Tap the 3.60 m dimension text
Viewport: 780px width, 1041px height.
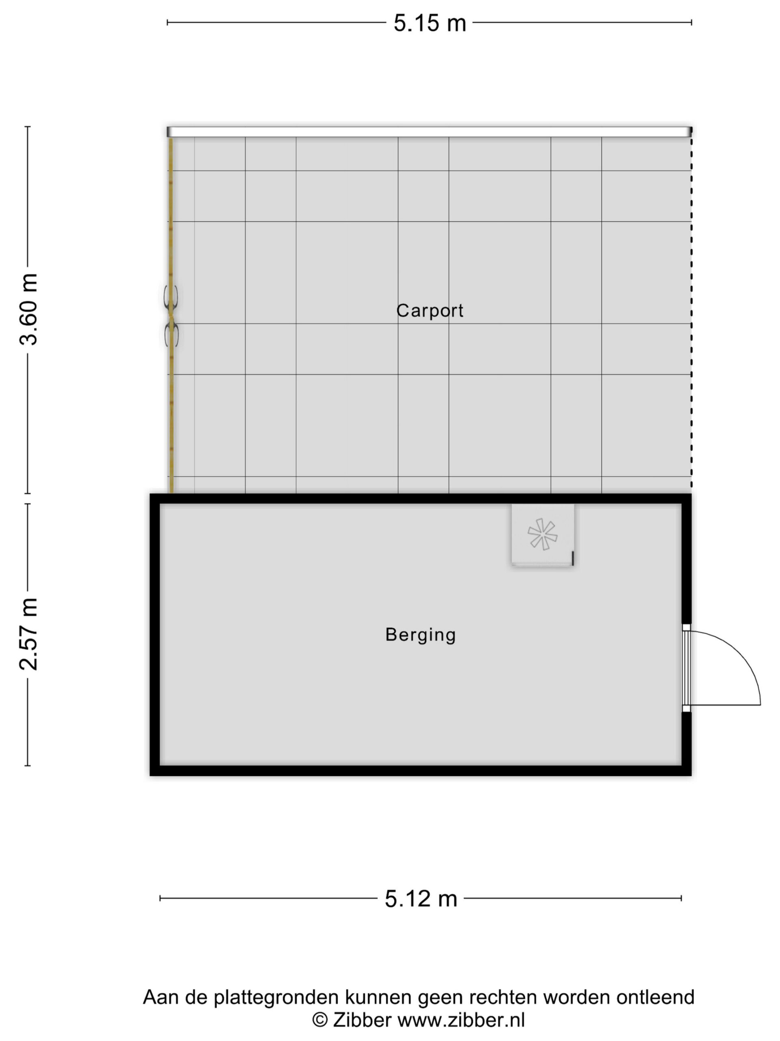click(x=28, y=309)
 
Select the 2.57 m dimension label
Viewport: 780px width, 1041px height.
click(x=28, y=634)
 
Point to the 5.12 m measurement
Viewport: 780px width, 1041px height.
click(x=421, y=898)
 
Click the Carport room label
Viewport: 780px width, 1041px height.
click(x=430, y=311)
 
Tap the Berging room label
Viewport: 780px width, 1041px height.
click(x=420, y=635)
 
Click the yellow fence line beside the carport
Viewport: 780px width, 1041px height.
click(x=171, y=315)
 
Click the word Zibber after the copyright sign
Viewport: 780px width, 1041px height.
click(x=362, y=1020)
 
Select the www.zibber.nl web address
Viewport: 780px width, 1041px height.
click(x=461, y=1020)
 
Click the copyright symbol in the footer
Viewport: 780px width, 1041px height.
click(x=320, y=1020)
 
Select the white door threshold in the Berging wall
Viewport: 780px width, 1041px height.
click(x=687, y=668)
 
